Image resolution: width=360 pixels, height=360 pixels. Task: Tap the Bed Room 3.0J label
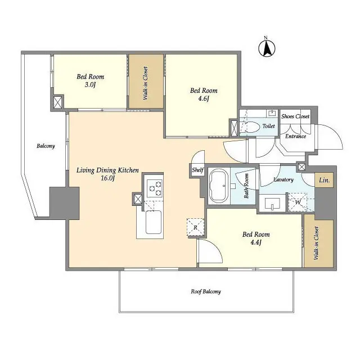(90, 81)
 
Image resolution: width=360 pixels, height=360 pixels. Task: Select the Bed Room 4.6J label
(203, 94)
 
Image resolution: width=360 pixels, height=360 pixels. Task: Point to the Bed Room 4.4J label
(256, 238)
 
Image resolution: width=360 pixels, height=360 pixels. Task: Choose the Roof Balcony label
(205, 291)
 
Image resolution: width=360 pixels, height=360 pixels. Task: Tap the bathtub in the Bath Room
(218, 185)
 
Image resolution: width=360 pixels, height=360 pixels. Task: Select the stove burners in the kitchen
(154, 187)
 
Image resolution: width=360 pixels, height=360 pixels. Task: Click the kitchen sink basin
(153, 222)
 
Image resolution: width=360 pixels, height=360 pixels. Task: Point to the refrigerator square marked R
(195, 227)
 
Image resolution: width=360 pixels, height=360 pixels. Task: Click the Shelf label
(197, 170)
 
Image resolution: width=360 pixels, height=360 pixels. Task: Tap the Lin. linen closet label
(325, 181)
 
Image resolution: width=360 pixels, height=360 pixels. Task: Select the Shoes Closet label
(295, 116)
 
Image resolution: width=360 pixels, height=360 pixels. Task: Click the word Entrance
(295, 136)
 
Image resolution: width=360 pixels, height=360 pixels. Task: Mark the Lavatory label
(283, 179)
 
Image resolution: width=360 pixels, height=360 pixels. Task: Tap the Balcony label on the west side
(46, 146)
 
